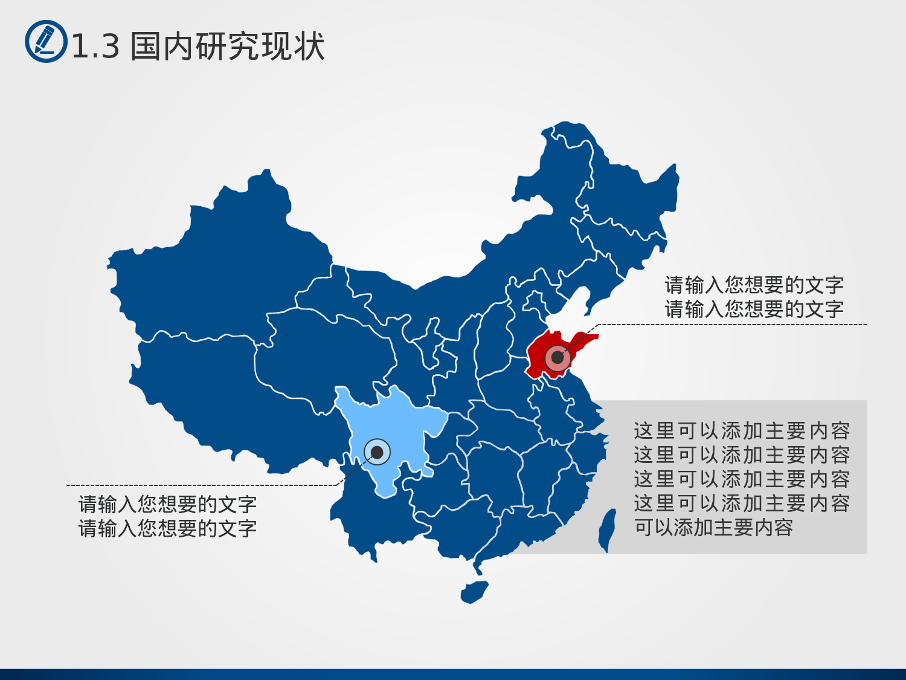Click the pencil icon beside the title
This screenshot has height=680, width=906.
[x=46, y=41]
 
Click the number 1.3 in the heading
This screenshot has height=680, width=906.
[x=95, y=47]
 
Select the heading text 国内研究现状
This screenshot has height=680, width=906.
[x=228, y=47]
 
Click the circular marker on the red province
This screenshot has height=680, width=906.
[x=557, y=357]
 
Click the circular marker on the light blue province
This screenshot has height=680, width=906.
[x=377, y=452]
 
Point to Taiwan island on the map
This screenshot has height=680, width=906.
[x=607, y=529]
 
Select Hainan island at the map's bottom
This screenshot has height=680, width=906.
[x=474, y=592]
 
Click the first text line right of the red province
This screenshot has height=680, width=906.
[x=754, y=285]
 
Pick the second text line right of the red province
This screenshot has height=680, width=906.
[x=754, y=309]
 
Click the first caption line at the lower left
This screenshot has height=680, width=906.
[x=167, y=504]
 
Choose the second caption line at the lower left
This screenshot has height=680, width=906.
[x=167, y=529]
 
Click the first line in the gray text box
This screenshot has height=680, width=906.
[x=742, y=431]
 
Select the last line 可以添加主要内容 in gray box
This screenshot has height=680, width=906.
[x=713, y=528]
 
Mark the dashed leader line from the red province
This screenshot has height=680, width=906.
[x=725, y=325]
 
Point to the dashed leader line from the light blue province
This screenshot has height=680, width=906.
[x=199, y=485]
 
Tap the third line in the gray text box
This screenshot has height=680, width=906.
[x=742, y=479]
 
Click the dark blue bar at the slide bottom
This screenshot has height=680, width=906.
[x=453, y=674]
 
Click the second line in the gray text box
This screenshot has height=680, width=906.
[x=742, y=455]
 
